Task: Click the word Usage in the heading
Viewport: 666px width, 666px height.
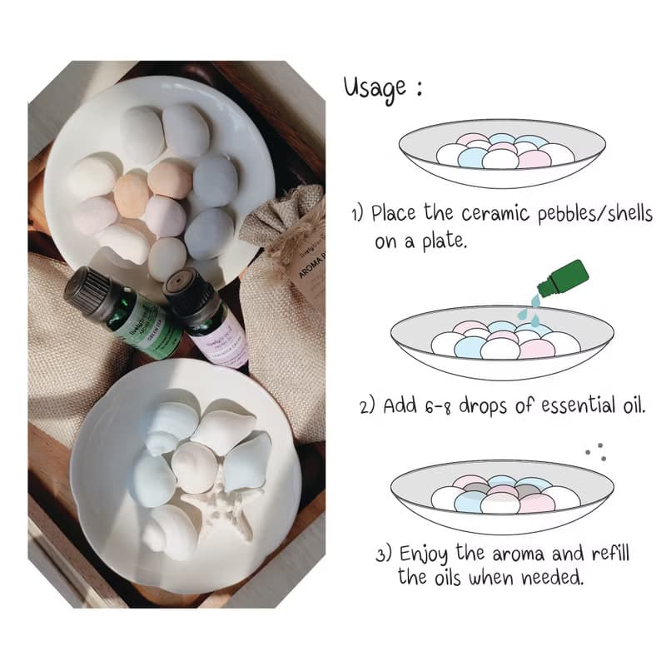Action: [376, 88]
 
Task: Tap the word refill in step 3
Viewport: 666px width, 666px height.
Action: [611, 554]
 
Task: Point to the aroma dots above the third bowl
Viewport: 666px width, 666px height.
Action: [594, 451]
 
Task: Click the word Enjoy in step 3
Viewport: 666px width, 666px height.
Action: [426, 554]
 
